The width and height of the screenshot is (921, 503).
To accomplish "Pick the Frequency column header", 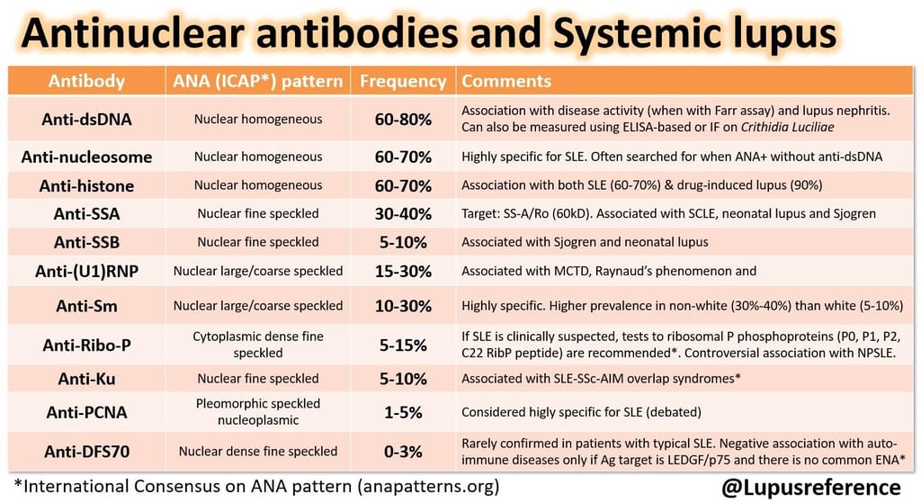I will (403, 81).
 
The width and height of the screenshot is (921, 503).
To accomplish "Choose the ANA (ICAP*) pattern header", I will (257, 81).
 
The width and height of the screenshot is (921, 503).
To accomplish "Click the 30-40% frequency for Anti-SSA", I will (403, 214).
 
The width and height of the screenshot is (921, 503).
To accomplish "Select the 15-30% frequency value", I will (403, 271).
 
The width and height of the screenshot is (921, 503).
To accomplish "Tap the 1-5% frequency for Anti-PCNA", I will (403, 413).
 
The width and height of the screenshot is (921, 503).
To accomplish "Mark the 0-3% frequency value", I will (403, 452).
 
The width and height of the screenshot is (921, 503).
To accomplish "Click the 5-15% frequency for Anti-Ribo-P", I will (403, 345).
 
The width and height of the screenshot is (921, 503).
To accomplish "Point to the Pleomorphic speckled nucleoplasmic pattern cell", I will (257, 412).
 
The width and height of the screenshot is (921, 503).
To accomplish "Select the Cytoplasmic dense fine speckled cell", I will (257, 345).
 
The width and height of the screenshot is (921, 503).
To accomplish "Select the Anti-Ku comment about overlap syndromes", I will (601, 379).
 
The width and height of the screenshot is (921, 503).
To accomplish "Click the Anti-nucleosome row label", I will (86, 157).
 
